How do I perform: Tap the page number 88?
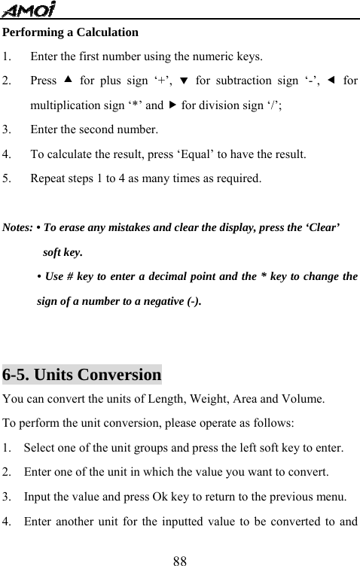179,558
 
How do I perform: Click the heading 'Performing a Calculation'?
71,32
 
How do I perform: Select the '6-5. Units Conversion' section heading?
82,374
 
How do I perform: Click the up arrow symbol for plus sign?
68,81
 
